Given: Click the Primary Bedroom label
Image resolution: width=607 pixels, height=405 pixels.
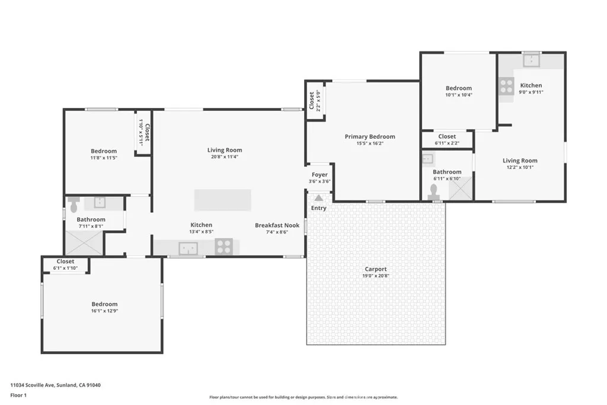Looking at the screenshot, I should pos(370,137).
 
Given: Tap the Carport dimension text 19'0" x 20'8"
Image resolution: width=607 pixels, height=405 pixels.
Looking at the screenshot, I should pos(376,276).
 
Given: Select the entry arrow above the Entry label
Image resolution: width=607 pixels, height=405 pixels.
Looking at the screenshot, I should pos(319,198).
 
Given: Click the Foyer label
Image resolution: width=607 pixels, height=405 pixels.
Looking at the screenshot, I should pos(320,174).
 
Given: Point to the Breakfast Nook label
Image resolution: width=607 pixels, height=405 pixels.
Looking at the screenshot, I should pos(277,225).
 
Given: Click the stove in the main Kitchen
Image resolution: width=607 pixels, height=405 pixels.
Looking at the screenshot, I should pos(223,246).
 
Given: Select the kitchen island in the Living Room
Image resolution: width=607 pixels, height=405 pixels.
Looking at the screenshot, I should pos(222,200).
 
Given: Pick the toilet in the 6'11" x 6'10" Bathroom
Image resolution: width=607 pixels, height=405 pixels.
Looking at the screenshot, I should pos(434,192).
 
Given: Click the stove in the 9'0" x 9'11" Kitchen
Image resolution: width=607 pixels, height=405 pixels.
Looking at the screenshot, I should pos(506,87).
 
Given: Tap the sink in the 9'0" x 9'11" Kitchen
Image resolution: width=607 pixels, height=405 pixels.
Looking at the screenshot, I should pos(532,59).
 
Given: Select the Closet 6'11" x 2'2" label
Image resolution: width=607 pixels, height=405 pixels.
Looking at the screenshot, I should pos(447,136).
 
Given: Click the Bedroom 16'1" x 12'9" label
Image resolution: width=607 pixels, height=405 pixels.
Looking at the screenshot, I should pos(104,304).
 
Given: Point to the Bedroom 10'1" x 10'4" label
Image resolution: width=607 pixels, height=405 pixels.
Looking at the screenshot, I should pos(459,88).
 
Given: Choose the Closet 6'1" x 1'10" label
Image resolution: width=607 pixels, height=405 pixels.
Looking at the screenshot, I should pos(65,262).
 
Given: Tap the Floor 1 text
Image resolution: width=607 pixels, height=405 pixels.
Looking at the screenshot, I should pos(20,395).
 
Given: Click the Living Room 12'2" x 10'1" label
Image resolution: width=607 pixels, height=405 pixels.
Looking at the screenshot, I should pos(520,161).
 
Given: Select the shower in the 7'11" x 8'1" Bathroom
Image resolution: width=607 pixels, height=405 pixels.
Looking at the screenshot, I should pos(83,243).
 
